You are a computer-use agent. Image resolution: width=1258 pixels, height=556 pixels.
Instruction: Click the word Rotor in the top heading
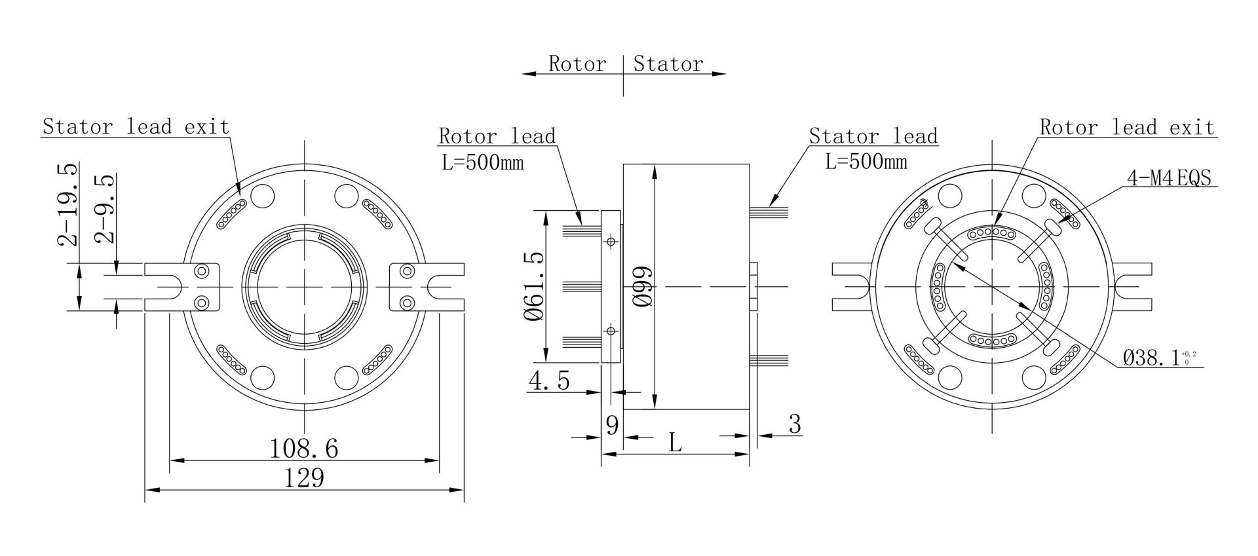click(x=577, y=64)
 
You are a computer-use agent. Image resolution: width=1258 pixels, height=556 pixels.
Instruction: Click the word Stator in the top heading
click(x=668, y=64)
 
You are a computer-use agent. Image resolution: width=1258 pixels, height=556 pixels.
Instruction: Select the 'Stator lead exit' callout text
click(x=136, y=126)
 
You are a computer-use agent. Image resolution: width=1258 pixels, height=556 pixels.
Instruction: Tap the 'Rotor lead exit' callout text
click(x=1127, y=127)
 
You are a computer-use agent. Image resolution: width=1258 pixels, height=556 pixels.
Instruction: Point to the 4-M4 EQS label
click(x=1169, y=178)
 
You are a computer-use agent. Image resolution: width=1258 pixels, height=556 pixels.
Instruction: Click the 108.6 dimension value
click(x=304, y=449)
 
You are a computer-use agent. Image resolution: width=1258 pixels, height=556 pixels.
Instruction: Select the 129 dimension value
click(x=304, y=478)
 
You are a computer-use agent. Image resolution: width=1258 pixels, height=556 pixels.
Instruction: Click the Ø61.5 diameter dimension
click(x=535, y=286)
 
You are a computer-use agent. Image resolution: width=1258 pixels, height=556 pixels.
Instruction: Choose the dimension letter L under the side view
click(x=675, y=444)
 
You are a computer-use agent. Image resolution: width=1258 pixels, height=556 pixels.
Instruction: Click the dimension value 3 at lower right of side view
click(x=794, y=424)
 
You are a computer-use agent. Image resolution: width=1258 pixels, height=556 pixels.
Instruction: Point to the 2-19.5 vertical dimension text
click(x=68, y=204)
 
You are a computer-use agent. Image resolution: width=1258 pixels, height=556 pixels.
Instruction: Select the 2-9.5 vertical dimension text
click(x=105, y=208)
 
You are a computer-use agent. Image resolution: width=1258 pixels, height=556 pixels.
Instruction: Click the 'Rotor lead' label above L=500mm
click(x=497, y=136)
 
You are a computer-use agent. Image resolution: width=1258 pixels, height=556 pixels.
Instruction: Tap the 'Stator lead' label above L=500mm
click(x=873, y=136)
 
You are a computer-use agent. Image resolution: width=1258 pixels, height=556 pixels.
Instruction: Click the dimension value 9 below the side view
click(x=612, y=426)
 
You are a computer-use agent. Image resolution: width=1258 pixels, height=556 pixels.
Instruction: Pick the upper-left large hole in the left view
click(x=263, y=195)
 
